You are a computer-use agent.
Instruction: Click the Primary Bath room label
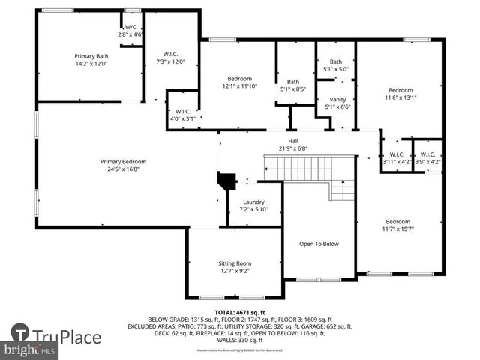coord(91,56)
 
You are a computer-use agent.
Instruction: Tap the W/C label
coord(130,27)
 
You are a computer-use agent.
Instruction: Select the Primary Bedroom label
coord(124,161)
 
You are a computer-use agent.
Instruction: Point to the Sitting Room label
coord(235,263)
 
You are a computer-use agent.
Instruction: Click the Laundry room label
coord(253,202)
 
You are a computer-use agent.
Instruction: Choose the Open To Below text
coord(319,244)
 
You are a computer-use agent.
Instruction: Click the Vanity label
coord(337,99)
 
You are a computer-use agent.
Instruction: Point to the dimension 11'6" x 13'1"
coord(400,97)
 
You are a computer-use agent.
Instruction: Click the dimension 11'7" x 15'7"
coord(398,229)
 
